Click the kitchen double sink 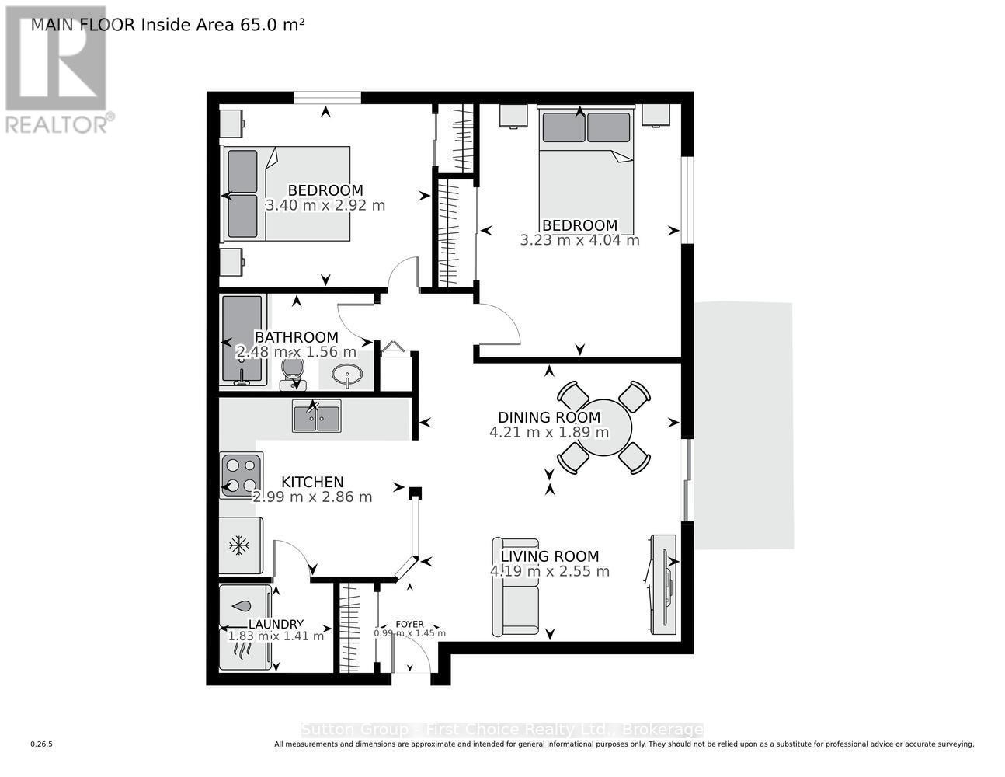tap(316, 416)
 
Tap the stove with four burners tap(240, 476)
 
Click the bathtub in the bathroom tap(243, 339)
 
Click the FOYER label tap(409, 624)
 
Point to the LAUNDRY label tap(276, 624)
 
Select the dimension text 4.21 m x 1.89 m tap(549, 433)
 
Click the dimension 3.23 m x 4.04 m tap(579, 240)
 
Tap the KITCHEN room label tap(312, 482)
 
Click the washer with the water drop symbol tap(244, 606)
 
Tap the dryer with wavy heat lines tap(244, 650)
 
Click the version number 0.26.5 tap(41, 744)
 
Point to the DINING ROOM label tap(548, 417)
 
